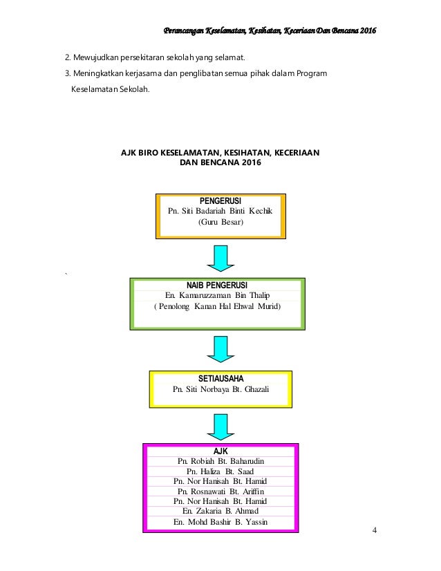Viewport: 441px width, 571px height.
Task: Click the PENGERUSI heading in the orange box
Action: point(220,200)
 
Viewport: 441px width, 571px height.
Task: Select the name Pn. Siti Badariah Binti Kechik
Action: point(220,211)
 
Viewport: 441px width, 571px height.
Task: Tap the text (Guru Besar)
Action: point(220,222)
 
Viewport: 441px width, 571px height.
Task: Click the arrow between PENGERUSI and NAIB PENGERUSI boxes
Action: point(220,258)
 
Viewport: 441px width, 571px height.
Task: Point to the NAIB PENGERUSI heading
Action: point(217,285)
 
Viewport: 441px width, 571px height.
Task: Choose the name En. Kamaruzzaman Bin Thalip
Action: point(217,295)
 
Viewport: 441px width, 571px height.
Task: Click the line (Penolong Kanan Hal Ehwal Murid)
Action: point(218,306)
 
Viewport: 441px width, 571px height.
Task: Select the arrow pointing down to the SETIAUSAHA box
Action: point(220,349)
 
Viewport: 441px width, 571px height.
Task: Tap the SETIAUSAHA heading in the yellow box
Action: point(220,379)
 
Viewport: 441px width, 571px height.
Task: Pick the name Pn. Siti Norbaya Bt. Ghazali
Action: point(220,389)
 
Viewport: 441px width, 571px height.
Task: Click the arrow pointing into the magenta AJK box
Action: point(220,427)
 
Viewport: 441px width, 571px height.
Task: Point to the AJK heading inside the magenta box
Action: point(220,451)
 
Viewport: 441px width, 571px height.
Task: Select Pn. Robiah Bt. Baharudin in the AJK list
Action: point(220,461)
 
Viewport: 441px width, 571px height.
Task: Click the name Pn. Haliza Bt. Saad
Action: point(220,471)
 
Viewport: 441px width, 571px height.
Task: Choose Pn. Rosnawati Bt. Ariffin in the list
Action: point(220,492)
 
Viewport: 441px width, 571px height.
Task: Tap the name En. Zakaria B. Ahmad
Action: point(220,511)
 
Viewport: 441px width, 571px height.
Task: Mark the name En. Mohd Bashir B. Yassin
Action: point(220,522)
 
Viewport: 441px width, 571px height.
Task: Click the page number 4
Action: point(375,530)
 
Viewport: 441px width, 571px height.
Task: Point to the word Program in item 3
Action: point(312,74)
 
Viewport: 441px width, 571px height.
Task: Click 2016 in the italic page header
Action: point(368,30)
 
